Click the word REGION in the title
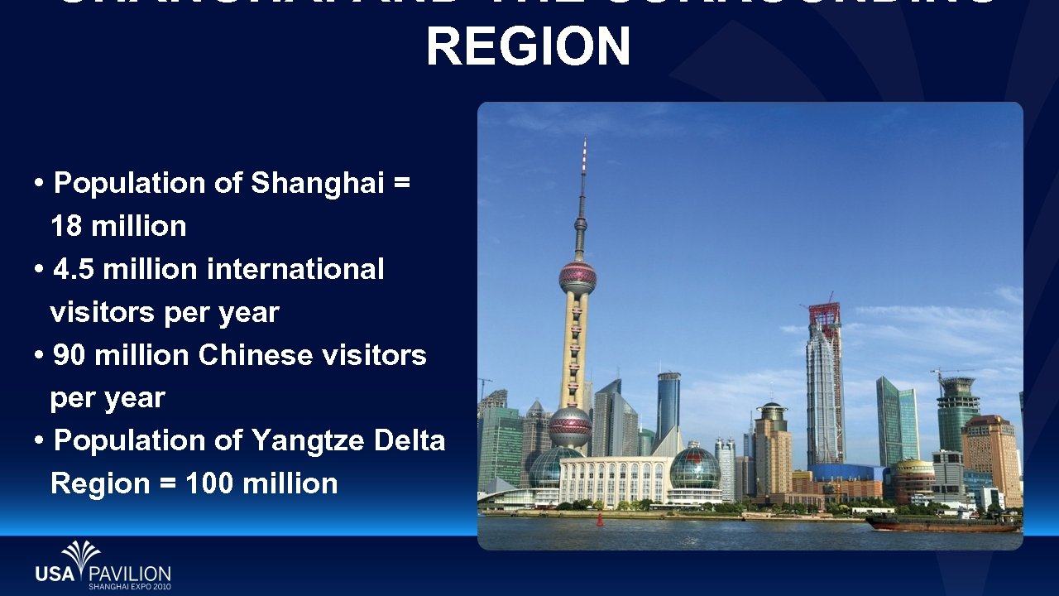pyautogui.click(x=529, y=46)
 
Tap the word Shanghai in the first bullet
pyautogui.click(x=317, y=183)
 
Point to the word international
pyautogui.click(x=295, y=269)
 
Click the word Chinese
pyautogui.click(x=244, y=355)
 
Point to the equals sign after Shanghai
pyautogui.click(x=402, y=183)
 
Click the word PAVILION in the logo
pyautogui.click(x=129, y=573)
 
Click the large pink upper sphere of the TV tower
pyautogui.click(x=577, y=277)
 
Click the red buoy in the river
pyautogui.click(x=600, y=520)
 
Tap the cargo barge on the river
pyautogui.click(x=942, y=524)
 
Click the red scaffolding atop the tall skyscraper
pyautogui.click(x=825, y=314)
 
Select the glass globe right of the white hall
pyautogui.click(x=695, y=469)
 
